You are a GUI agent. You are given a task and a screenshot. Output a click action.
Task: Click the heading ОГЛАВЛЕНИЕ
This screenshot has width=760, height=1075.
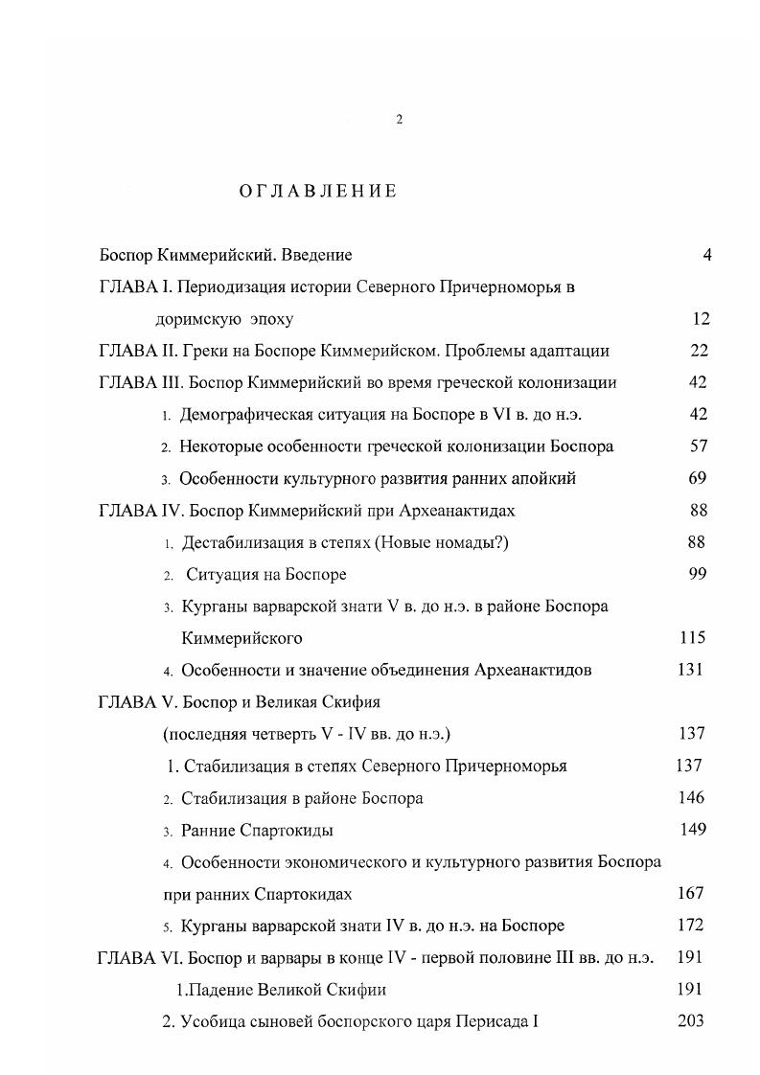[x=317, y=192]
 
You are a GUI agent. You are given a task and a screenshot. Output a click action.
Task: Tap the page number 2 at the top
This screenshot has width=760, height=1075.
[x=400, y=119]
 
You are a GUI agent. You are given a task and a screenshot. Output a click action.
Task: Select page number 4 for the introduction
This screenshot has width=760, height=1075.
[x=706, y=256]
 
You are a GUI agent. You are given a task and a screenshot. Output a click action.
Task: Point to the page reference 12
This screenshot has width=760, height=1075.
[x=701, y=319]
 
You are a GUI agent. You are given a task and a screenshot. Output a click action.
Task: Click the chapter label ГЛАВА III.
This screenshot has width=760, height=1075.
[x=141, y=382]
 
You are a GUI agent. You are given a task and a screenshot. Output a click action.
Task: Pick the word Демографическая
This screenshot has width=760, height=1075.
[x=239, y=414]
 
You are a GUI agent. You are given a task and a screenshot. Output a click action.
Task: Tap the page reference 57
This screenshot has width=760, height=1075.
[x=699, y=446]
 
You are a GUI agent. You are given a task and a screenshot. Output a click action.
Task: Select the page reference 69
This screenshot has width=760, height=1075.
[x=698, y=477]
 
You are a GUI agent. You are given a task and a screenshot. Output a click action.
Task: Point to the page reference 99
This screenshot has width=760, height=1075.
[x=697, y=573]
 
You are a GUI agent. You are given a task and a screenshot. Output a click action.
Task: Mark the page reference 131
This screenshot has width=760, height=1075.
[x=690, y=670]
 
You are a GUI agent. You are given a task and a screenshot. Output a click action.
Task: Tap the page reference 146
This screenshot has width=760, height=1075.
[x=690, y=797]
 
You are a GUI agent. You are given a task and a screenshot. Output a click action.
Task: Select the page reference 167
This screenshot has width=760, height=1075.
[x=690, y=893]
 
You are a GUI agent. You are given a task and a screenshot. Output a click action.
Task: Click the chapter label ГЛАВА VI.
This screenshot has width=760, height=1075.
[x=140, y=958]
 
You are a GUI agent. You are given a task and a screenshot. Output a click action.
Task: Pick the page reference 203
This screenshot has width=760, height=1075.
[x=690, y=1021]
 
